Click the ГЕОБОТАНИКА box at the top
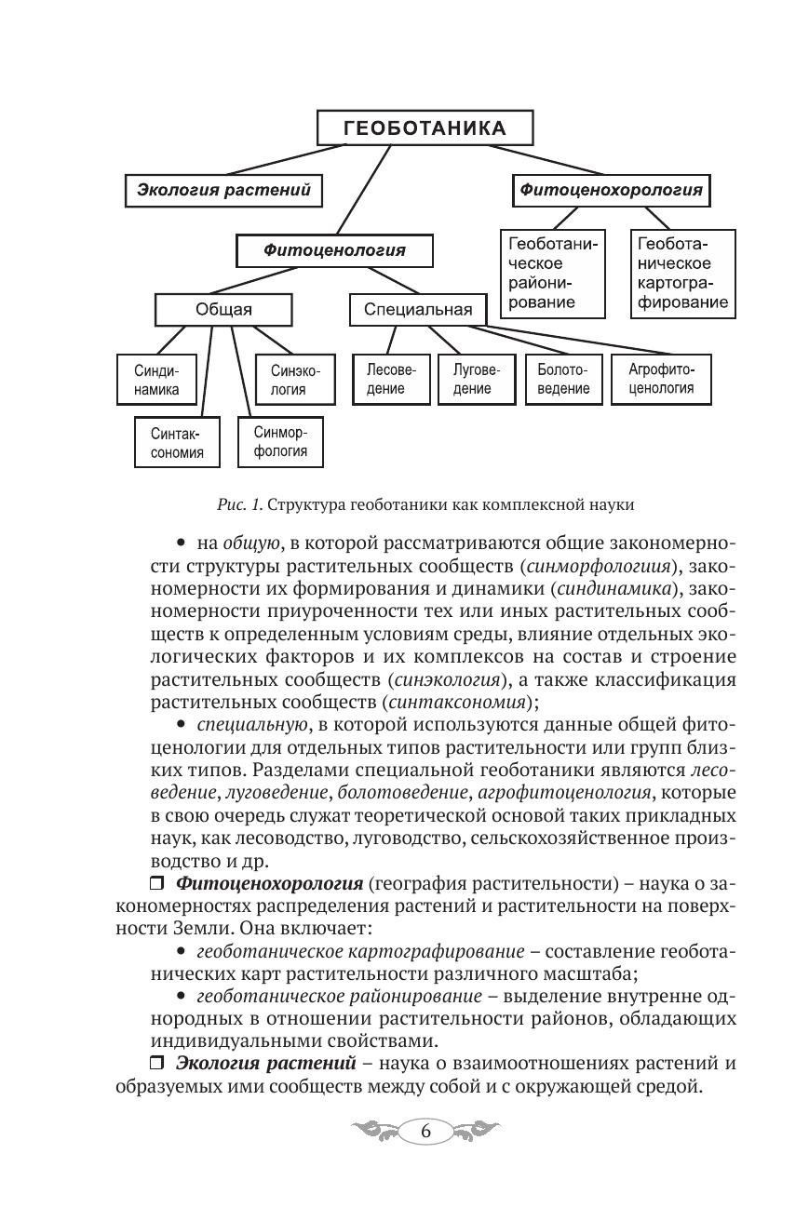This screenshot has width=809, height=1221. click(x=425, y=128)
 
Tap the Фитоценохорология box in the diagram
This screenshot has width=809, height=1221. click(x=612, y=191)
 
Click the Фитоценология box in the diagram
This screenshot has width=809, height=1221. click(x=334, y=249)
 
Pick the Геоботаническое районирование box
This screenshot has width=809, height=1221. click(x=552, y=273)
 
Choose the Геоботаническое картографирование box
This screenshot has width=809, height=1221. click(x=682, y=273)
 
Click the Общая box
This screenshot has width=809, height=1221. click(x=223, y=310)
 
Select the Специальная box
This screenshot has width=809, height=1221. click(x=418, y=310)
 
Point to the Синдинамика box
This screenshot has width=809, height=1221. click(x=156, y=380)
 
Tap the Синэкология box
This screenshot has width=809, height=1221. click(x=294, y=380)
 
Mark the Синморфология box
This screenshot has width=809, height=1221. click(x=280, y=442)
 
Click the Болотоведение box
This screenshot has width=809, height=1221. click(x=563, y=379)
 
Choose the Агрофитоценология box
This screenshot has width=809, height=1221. click(x=661, y=379)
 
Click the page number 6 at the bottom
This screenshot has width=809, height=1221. click(x=425, y=1132)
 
